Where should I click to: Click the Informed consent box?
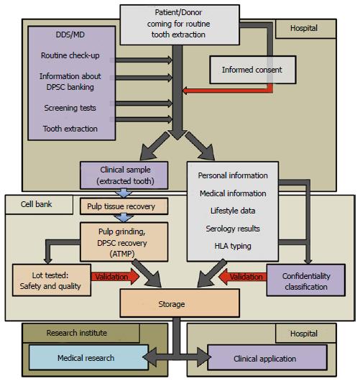(253, 70)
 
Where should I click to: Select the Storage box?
(180, 303)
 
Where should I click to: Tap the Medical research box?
(88, 357)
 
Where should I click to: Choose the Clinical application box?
(267, 357)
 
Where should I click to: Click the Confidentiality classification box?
(306, 280)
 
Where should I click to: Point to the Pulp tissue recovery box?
(124, 206)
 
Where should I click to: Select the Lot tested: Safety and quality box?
(52, 280)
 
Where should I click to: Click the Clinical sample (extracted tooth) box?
(124, 175)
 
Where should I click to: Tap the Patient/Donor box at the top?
(180, 24)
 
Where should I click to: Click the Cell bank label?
(36, 204)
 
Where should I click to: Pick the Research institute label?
(76, 333)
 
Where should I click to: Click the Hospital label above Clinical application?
(304, 334)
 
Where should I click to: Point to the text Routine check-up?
(70, 55)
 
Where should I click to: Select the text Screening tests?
(70, 108)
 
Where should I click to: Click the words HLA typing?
(233, 246)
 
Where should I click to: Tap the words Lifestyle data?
(233, 211)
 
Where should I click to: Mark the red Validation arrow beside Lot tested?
(116, 277)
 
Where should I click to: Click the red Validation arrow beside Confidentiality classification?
(243, 277)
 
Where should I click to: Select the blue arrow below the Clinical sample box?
(124, 193)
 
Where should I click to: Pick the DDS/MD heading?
(70, 35)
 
